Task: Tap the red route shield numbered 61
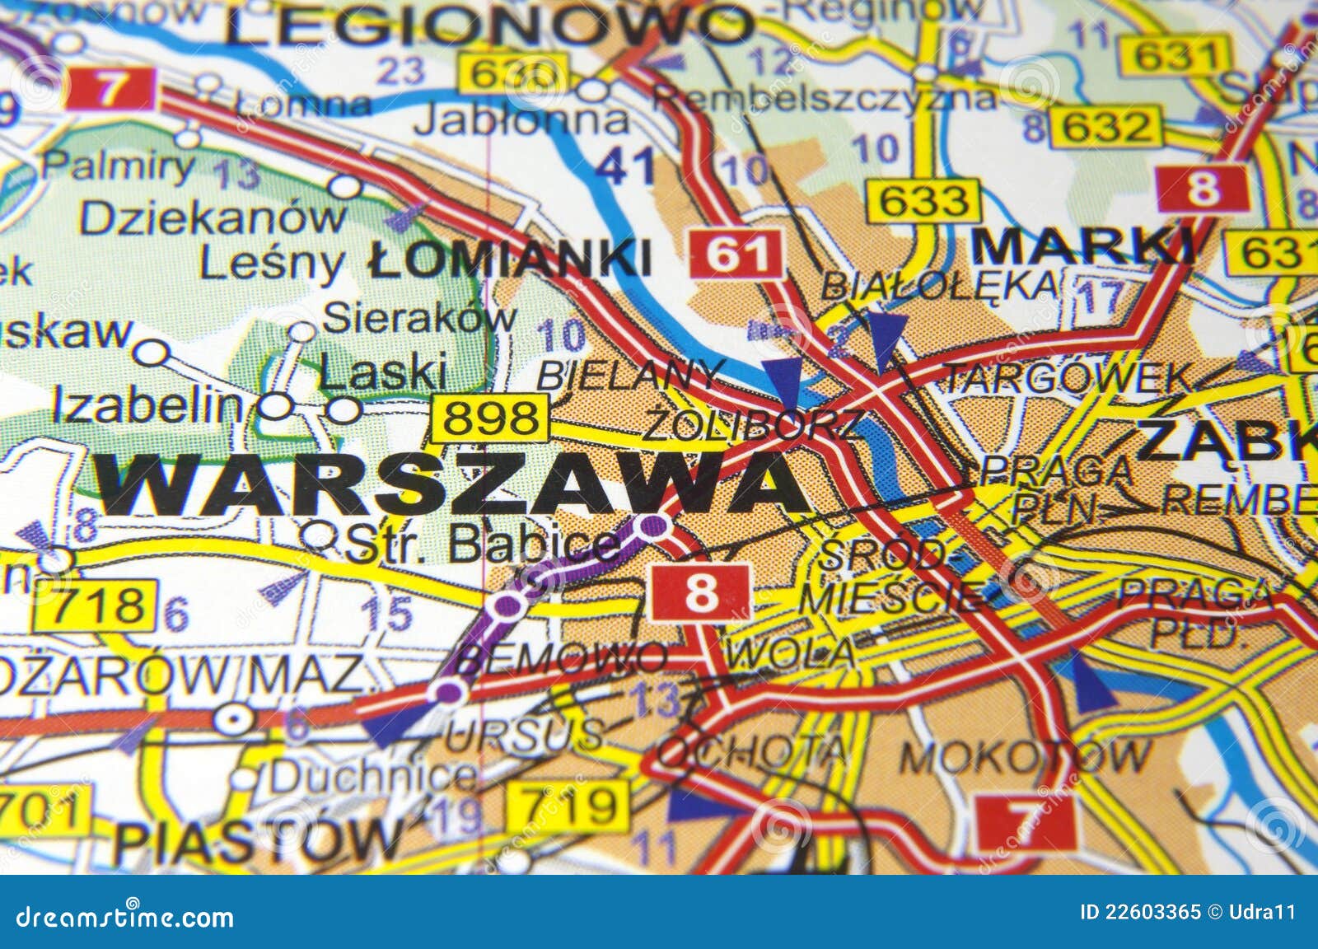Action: point(735,252)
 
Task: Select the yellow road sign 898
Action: point(489,418)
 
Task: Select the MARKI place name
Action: point(1083,245)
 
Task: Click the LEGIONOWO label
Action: point(488,26)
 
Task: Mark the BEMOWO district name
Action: point(560,657)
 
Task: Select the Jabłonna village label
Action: point(521,121)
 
